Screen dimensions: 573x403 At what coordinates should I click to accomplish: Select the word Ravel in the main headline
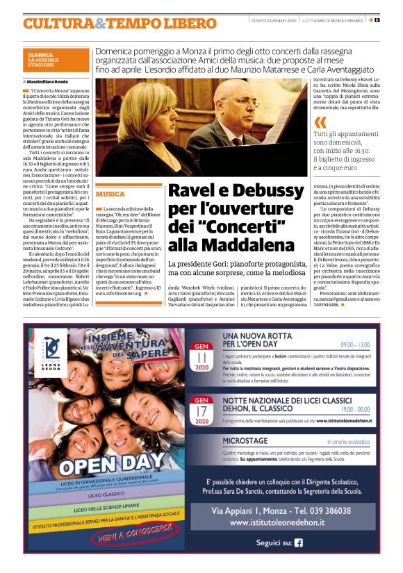click(x=196, y=192)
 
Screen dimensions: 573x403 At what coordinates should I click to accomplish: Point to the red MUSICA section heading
click(x=111, y=194)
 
